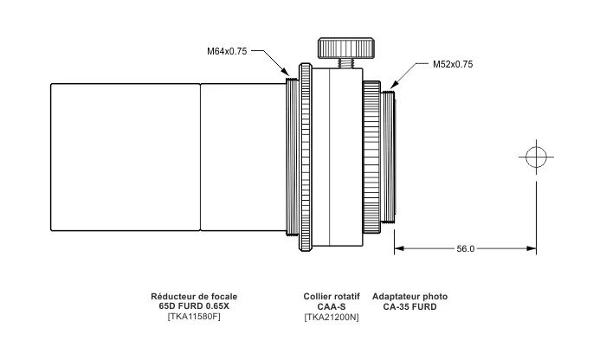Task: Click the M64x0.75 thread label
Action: (227, 51)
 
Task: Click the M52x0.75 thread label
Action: (453, 64)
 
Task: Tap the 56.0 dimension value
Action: (466, 248)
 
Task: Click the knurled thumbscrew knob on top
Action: (346, 48)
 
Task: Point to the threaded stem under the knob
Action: (346, 63)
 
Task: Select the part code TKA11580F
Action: (194, 317)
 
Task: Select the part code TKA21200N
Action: (332, 317)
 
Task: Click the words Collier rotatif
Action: (332, 297)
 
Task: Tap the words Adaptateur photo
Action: (409, 297)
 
